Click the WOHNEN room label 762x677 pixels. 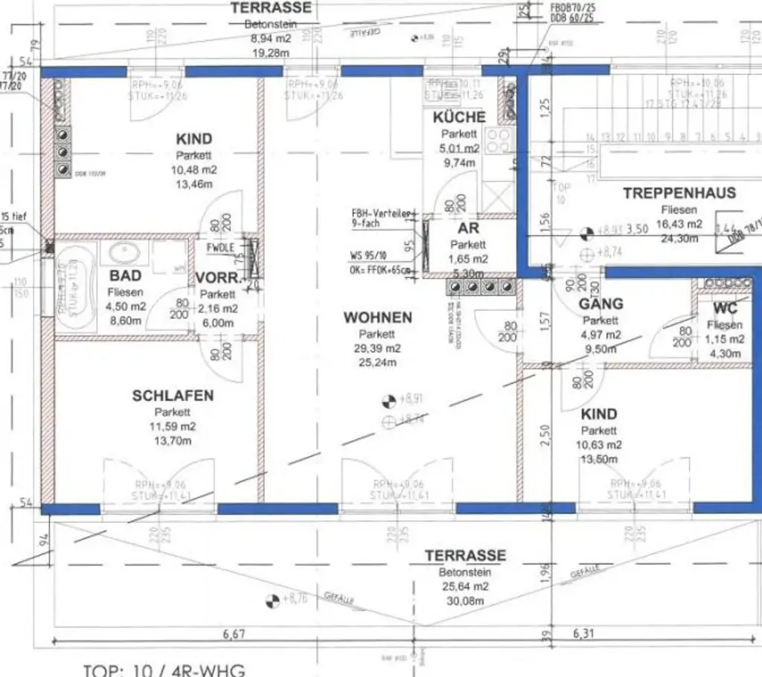pos(377,318)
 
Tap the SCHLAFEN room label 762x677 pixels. pos(173,396)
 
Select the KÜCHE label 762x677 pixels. pos(459,118)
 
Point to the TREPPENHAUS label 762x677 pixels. pos(679,193)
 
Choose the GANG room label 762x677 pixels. pos(601,304)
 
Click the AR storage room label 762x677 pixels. pos(469,229)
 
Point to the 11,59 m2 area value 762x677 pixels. pos(173,427)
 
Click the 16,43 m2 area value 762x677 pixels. pos(679,224)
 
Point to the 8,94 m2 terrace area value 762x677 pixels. pos(271,39)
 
